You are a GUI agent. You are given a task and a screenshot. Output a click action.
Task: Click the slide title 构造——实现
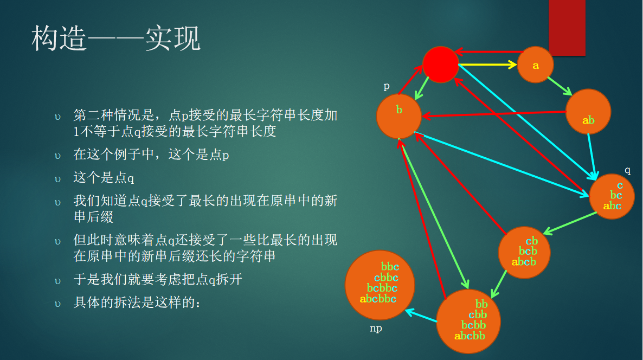coord(115,38)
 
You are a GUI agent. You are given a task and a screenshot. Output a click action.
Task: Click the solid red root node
coord(440,65)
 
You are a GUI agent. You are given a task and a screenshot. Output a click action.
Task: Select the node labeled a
coord(535,65)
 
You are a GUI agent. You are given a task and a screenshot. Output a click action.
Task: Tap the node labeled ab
coord(588,112)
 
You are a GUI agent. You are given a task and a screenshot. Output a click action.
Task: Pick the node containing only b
coord(398,116)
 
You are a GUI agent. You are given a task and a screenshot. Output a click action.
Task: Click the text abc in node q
coord(612,206)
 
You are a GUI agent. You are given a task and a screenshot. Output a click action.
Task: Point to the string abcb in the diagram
coord(524,261)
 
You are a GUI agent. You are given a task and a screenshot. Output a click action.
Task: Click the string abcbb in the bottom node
coord(470,336)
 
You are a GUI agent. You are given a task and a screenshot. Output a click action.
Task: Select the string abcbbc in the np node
coord(378,299)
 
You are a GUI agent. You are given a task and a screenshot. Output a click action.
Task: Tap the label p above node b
coord(387,86)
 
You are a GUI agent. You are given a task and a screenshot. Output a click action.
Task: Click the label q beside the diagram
coord(627,170)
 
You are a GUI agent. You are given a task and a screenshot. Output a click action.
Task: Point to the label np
coord(376,329)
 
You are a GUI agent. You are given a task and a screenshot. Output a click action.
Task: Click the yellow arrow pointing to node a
coord(487,65)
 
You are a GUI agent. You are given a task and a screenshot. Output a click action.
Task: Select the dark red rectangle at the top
coord(567,28)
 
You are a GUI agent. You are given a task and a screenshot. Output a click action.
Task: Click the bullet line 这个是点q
coord(104,177)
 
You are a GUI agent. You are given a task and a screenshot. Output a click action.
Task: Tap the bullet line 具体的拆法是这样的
coord(137,303)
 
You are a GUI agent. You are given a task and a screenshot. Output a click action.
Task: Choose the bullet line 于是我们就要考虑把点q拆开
coord(157,280)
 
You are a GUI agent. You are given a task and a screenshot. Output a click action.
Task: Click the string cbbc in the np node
coord(386,278)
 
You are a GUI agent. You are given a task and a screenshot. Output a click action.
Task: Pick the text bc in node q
coord(616,195)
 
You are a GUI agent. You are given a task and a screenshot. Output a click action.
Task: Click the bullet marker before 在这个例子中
coord(57,156)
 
